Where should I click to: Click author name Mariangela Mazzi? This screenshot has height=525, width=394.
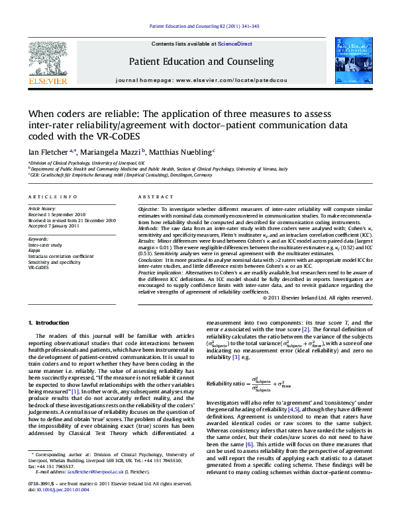(109, 151)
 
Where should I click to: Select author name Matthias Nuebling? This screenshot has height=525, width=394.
(178, 151)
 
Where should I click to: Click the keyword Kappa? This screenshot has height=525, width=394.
(34, 250)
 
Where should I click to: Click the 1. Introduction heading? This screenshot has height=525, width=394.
(51, 322)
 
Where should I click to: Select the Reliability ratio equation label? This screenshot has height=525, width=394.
(228, 384)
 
